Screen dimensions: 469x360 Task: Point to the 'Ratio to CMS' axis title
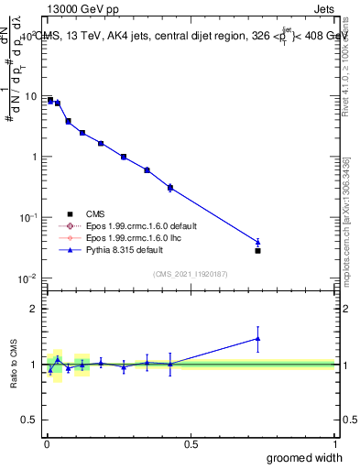point(14,364)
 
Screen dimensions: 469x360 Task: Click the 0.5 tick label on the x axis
point(191,444)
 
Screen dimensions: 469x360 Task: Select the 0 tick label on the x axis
point(46,444)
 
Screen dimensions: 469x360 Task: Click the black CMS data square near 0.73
point(258,250)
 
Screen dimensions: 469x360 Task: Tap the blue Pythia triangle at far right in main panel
point(258,242)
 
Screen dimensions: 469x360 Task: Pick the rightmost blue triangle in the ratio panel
point(258,338)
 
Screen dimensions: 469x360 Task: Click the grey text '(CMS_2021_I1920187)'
point(190,273)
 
